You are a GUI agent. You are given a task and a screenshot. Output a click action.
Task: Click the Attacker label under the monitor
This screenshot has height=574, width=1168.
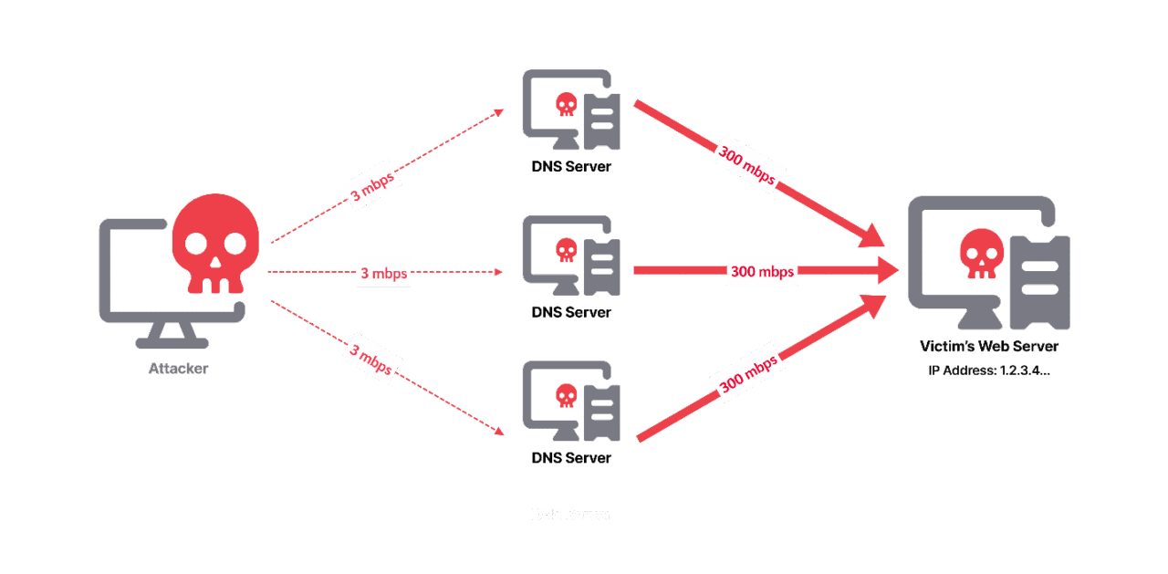pos(178,370)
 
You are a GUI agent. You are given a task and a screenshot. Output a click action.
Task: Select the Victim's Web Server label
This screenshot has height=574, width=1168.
pos(990,347)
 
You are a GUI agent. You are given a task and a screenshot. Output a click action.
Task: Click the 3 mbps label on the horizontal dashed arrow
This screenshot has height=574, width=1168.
pos(384,273)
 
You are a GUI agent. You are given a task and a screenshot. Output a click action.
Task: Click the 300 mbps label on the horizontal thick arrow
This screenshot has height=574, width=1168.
pos(762,271)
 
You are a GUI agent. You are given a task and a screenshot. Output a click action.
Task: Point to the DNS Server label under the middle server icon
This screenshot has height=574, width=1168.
pos(571,312)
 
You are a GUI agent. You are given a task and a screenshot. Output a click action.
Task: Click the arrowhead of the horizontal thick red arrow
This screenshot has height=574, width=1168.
pos(888,271)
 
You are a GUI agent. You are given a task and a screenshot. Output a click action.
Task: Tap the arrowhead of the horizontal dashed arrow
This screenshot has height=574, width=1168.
pos(499,272)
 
